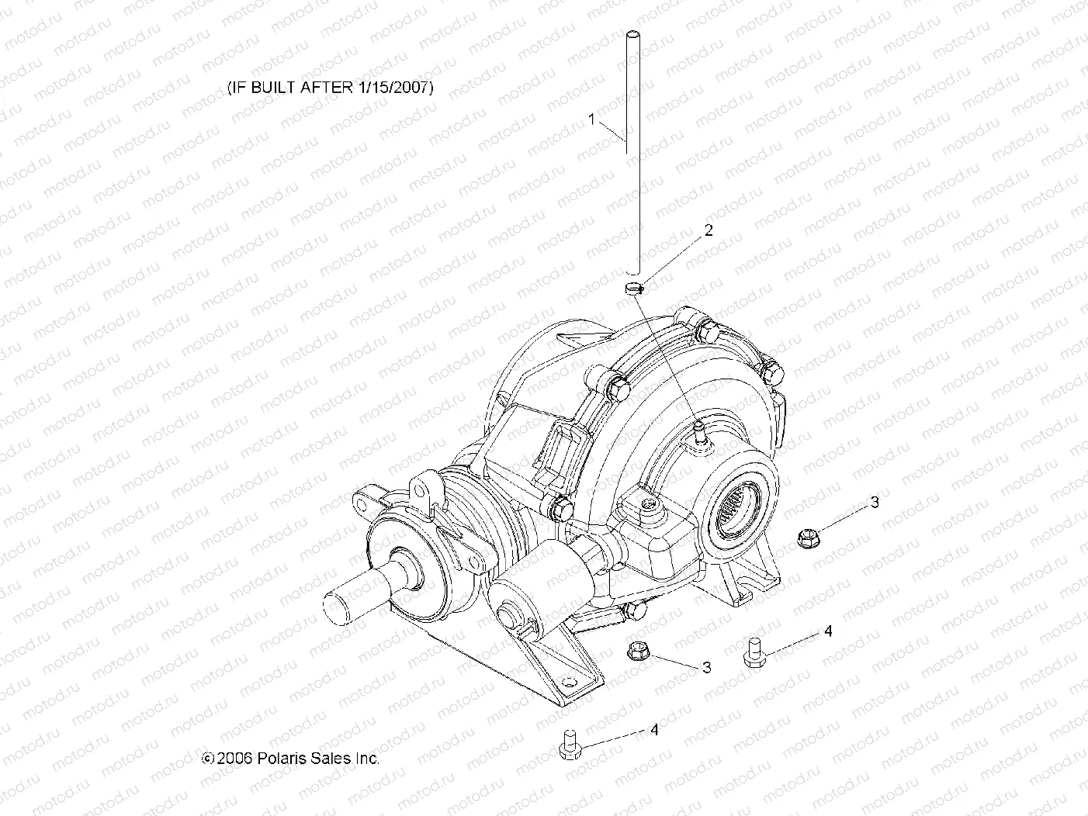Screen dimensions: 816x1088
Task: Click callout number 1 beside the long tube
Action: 592,119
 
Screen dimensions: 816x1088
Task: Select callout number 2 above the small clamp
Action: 708,230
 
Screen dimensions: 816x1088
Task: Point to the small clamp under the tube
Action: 634,289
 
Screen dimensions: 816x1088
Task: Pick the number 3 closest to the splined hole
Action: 875,502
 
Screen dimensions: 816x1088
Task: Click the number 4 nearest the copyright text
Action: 654,730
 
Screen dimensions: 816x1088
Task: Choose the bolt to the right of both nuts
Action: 753,651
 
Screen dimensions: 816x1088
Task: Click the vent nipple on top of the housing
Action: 700,429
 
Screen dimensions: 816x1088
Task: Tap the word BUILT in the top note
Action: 271,87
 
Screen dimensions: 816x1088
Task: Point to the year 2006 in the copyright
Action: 235,759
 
